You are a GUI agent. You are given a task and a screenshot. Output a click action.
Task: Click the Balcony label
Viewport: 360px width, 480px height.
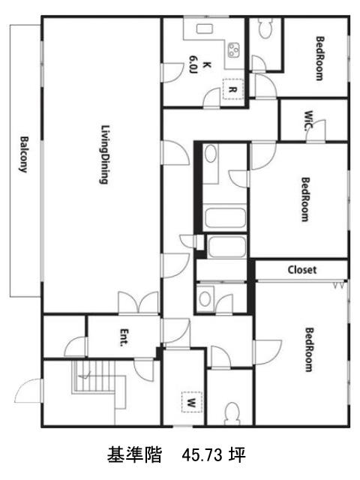pyautogui.click(x=24, y=154)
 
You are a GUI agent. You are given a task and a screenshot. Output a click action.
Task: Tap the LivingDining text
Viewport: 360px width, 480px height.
pyautogui.click(x=105, y=154)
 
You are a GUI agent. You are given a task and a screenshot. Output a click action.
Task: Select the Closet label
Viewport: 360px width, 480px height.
pyautogui.click(x=301, y=270)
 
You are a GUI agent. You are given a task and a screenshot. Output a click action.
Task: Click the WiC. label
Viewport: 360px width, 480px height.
pyautogui.click(x=308, y=121)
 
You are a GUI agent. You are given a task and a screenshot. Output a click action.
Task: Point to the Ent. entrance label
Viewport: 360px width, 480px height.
pyautogui.click(x=124, y=337)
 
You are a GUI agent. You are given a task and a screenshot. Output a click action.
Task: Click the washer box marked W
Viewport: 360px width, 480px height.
pyautogui.click(x=192, y=402)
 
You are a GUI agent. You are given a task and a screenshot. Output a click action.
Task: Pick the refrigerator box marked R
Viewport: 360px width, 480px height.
pyautogui.click(x=232, y=89)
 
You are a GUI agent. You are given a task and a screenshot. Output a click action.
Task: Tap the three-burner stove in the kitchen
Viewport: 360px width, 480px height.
pyautogui.click(x=233, y=50)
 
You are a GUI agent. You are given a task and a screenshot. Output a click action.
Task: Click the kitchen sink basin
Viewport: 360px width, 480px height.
pyautogui.click(x=205, y=28)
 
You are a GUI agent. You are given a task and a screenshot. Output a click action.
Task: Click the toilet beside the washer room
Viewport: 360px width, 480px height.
pyautogui.click(x=232, y=413)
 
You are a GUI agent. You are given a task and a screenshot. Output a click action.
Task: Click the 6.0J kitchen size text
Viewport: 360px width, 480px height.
pyautogui.click(x=193, y=65)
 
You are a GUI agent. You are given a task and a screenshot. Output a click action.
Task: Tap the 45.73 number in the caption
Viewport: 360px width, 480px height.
pyautogui.click(x=202, y=455)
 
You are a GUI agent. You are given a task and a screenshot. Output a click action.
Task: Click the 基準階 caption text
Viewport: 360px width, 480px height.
pyautogui.click(x=134, y=454)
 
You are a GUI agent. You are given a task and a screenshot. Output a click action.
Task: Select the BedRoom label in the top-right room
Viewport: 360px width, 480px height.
pyautogui.click(x=319, y=58)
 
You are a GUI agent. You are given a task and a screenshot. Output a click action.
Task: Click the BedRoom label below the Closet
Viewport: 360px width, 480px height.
pyautogui.click(x=309, y=350)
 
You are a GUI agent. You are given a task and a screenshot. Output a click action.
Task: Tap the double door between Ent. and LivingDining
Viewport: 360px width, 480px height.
pyautogui.click(x=138, y=303)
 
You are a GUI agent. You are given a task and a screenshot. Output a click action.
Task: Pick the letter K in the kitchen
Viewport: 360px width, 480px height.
pyautogui.click(x=207, y=65)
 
